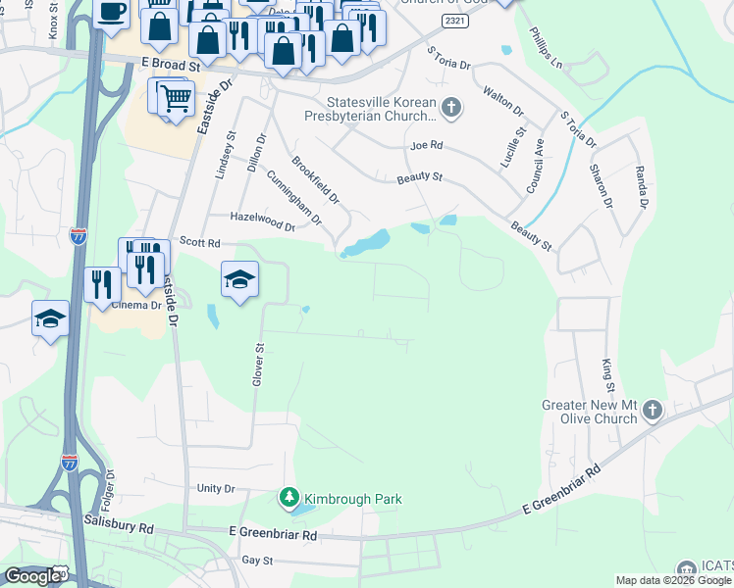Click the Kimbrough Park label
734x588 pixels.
352,499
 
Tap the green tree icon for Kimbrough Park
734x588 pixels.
288,499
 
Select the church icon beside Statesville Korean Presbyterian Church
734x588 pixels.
451,107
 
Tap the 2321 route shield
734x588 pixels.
453,20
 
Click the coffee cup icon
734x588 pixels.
111,12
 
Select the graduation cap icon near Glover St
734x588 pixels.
239,280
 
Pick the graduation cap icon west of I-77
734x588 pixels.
50,318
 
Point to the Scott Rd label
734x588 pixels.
199,241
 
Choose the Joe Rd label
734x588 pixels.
427,145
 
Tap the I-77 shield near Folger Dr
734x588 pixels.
69,463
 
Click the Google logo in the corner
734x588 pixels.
32,576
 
